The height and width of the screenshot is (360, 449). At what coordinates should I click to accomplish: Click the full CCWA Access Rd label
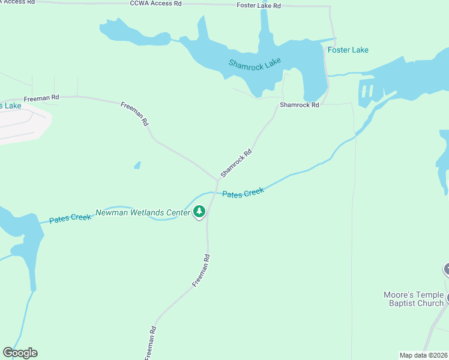pyautogui.click(x=155, y=4)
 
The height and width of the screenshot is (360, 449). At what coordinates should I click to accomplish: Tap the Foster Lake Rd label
pyautogui.click(x=259, y=5)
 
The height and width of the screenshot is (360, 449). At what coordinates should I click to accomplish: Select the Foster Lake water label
pyautogui.click(x=348, y=50)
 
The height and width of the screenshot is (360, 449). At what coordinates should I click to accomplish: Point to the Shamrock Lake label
pyautogui.click(x=255, y=63)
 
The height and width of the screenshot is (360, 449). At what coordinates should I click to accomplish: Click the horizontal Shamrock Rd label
pyautogui.click(x=299, y=105)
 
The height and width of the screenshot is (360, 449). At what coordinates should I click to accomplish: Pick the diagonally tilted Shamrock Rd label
pyautogui.click(x=236, y=163)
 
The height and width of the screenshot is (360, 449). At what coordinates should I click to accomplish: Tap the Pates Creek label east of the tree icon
pyautogui.click(x=243, y=193)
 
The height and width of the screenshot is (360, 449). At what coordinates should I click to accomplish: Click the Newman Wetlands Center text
pyautogui.click(x=143, y=212)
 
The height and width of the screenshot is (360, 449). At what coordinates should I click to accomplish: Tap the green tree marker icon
pyautogui.click(x=200, y=212)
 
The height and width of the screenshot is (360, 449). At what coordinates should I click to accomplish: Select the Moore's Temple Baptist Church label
pyautogui.click(x=414, y=299)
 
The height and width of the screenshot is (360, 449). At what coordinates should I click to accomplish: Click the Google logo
pyautogui.click(x=20, y=353)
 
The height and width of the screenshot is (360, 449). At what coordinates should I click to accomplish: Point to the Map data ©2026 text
pyautogui.click(x=423, y=355)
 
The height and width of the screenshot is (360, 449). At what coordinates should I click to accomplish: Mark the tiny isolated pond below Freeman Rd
pyautogui.click(x=137, y=165)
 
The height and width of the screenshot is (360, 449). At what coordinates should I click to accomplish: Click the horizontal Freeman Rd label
pyautogui.click(x=41, y=97)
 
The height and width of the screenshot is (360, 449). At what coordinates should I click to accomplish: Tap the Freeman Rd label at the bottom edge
pyautogui.click(x=151, y=343)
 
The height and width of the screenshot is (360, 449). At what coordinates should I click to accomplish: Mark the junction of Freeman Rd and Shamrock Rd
pyautogui.click(x=217, y=179)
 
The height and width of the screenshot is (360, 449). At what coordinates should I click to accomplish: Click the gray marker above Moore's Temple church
pyautogui.click(x=446, y=269)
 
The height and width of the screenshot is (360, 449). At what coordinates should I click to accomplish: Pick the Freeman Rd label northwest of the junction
pyautogui.click(x=134, y=113)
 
